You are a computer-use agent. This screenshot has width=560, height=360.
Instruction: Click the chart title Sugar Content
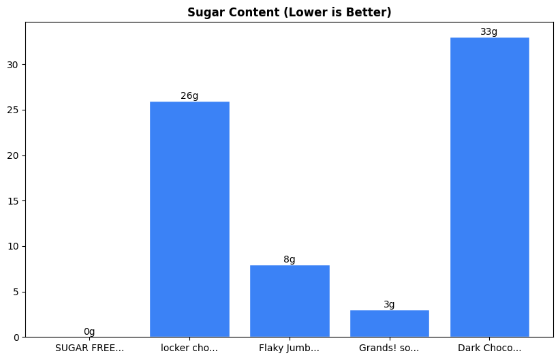pos(289,13)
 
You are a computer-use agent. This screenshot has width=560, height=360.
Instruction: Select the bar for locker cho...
pos(189,219)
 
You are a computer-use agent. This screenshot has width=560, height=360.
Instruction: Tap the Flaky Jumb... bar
pos(290,301)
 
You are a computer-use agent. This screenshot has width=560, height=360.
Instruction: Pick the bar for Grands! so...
pos(390,323)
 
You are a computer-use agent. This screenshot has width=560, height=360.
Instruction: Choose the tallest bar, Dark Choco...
pos(489,187)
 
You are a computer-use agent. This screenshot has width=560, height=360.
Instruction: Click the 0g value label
pos(89,331)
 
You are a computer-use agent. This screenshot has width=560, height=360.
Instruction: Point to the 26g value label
pos(189,95)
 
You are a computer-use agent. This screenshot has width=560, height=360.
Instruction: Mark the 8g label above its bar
pos(290,259)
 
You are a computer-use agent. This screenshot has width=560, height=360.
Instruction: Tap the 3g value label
pos(390,305)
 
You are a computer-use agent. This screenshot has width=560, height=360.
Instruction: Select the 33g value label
pos(489,32)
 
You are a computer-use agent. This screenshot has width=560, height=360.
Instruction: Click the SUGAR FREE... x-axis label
pos(89,348)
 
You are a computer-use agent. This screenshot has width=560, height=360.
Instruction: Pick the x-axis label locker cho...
pos(189,348)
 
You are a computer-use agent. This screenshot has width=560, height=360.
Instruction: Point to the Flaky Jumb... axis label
pos(290,348)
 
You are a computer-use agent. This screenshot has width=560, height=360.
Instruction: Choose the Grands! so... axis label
pos(390,348)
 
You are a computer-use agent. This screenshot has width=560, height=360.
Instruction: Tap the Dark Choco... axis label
pos(489,348)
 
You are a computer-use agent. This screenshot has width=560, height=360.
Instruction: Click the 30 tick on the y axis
pos(14,65)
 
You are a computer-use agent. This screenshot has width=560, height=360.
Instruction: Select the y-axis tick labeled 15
pos(14,200)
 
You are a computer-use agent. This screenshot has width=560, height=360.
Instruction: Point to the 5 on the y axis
pos(16,292)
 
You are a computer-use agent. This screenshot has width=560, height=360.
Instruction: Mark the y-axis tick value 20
pos(14,155)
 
